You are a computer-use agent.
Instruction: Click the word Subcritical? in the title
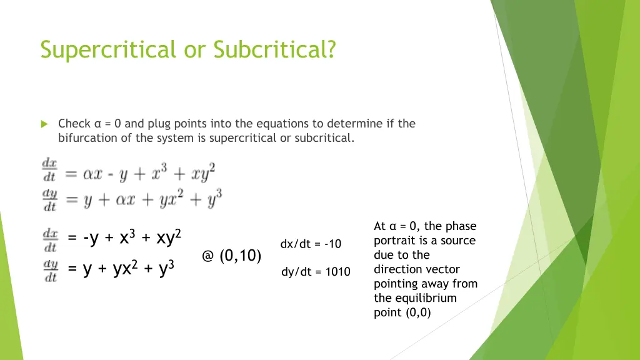tap(274, 49)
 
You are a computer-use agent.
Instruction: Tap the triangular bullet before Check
tap(44, 124)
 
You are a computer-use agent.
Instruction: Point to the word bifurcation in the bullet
tap(87, 138)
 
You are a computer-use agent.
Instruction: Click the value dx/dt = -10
tap(311, 244)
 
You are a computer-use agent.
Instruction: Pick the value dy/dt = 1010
tap(316, 272)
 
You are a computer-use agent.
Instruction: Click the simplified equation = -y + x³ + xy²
tap(125, 238)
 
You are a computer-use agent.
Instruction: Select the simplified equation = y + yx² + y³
tap(121, 269)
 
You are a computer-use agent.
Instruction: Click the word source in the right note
tap(458, 241)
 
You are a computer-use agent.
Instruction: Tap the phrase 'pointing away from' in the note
tap(426, 284)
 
